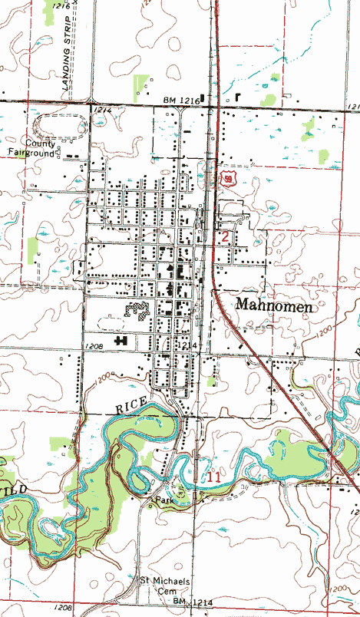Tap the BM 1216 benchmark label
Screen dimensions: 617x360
coord(181,101)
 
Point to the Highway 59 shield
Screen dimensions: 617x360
coord(228,178)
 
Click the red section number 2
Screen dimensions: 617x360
coord(225,236)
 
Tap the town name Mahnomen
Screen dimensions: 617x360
coord(275,305)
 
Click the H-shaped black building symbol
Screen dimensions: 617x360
coord(121,339)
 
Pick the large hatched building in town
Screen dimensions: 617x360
coord(137,311)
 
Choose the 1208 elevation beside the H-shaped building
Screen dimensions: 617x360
coord(94,346)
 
